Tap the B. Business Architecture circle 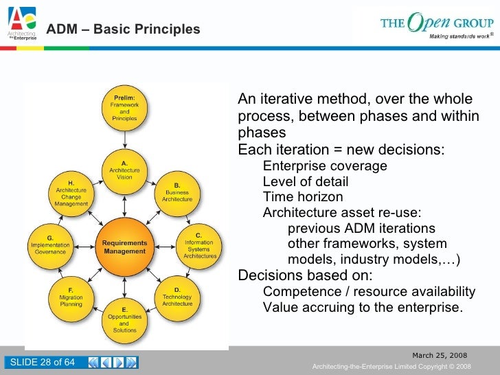click(x=177, y=193)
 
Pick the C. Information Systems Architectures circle click(x=199, y=246)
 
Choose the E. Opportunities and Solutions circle click(x=124, y=320)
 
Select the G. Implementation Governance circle click(x=50, y=246)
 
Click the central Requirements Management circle click(x=124, y=247)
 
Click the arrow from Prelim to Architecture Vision click(x=124, y=139)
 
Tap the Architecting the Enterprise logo click(x=22, y=26)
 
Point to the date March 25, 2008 click(x=439, y=355)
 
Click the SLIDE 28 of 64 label click(x=41, y=363)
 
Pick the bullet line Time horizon click(x=303, y=197)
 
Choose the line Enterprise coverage click(x=325, y=166)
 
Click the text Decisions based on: click(x=305, y=275)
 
